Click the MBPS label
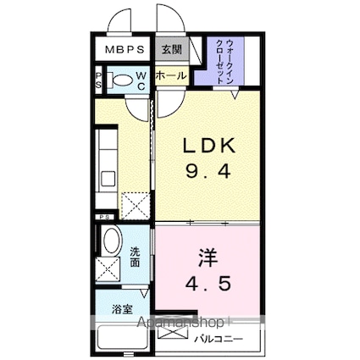point(123,49)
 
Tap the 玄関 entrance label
point(169,49)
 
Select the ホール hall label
point(170,75)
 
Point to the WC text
point(141,81)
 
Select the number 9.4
point(208,172)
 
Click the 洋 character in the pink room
point(208,255)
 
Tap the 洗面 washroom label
point(136,257)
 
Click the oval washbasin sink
point(110,242)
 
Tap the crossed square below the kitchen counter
point(133,206)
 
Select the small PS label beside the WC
point(97,81)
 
